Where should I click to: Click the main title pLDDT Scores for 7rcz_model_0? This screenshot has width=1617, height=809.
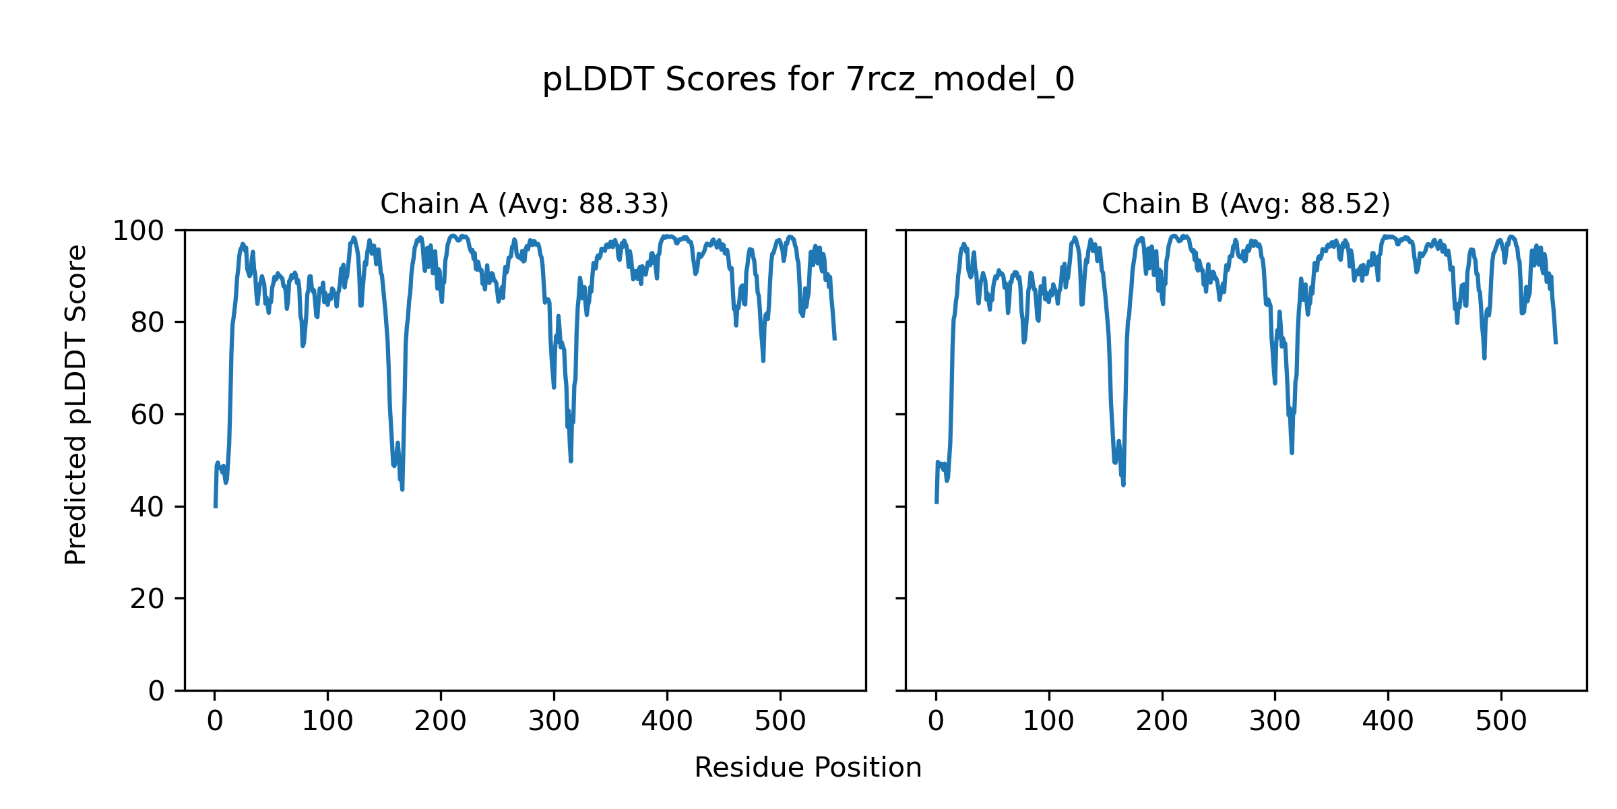(x=808, y=80)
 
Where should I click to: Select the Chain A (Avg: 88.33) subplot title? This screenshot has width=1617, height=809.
(x=524, y=204)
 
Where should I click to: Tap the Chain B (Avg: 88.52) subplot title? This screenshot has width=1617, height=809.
(x=1246, y=204)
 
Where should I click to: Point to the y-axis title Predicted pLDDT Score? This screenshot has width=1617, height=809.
(x=75, y=404)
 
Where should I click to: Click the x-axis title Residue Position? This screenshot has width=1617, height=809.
(x=808, y=768)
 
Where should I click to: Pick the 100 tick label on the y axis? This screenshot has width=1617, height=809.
(x=138, y=231)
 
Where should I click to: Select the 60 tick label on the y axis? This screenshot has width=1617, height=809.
(x=148, y=415)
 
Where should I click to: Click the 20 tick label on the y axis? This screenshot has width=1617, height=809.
(x=148, y=599)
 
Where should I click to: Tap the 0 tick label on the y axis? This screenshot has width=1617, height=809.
(x=156, y=691)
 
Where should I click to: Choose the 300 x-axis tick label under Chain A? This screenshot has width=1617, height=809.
(x=554, y=721)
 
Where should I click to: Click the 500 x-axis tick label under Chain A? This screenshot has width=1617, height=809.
(x=780, y=721)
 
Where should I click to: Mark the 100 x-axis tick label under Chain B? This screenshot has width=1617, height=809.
(x=1049, y=721)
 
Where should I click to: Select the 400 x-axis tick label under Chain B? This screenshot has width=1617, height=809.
(x=1388, y=721)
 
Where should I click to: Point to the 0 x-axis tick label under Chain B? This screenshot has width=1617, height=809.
(x=936, y=721)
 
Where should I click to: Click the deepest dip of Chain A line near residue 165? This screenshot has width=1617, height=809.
(x=402, y=489)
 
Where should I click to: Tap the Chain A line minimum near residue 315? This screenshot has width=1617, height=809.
(x=571, y=460)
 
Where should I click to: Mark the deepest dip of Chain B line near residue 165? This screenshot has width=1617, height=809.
(x=1123, y=484)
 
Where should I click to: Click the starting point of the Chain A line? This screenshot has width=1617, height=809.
(x=215, y=506)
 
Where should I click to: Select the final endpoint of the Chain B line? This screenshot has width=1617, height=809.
(x=1556, y=342)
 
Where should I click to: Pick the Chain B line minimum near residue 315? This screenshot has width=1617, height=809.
(x=1292, y=452)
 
